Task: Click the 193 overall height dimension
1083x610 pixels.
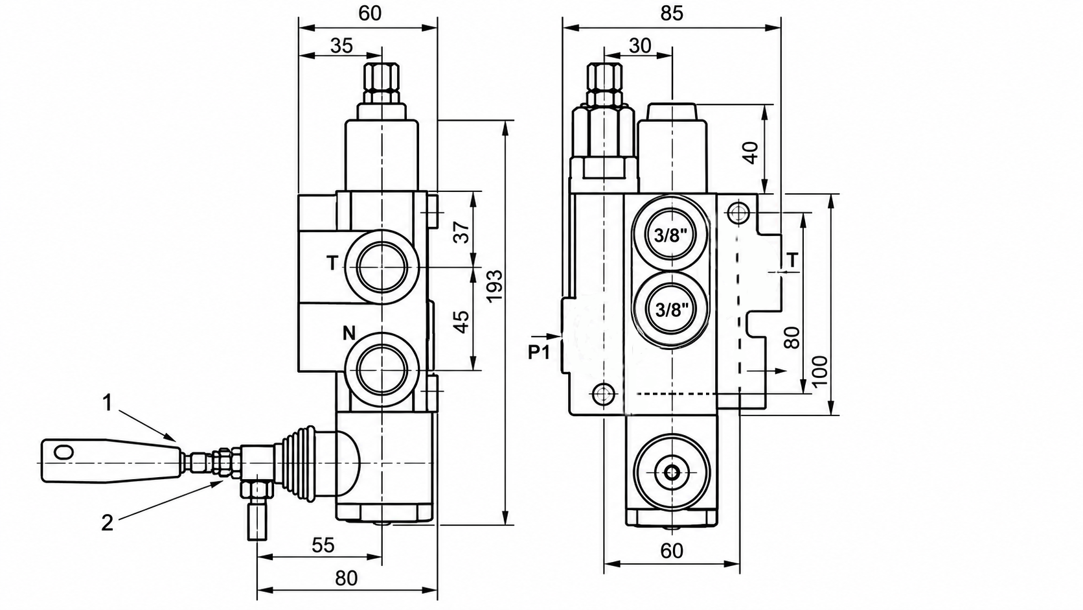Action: tap(495, 287)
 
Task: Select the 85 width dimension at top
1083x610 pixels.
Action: tap(672, 14)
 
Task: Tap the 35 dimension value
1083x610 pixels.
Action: tap(341, 46)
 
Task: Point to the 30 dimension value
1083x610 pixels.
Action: tap(640, 45)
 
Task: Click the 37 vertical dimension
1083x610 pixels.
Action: tap(462, 231)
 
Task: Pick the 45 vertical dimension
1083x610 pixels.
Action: tap(462, 322)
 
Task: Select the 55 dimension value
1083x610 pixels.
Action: tap(323, 545)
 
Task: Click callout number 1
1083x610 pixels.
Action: tap(108, 403)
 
